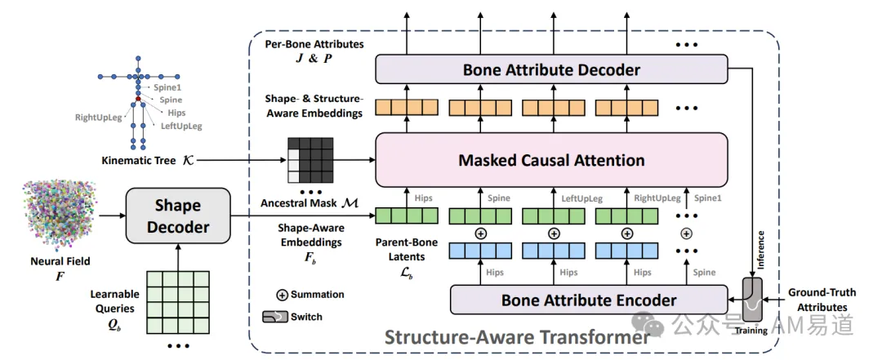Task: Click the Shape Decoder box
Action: [x=178, y=217]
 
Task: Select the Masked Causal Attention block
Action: [x=551, y=160]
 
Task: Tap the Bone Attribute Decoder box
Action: [x=551, y=69]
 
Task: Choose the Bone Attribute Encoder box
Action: [x=588, y=300]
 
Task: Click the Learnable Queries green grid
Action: [x=178, y=300]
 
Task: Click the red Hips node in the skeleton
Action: [x=138, y=99]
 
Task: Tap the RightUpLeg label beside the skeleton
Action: [x=96, y=118]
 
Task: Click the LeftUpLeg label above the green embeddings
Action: [x=581, y=198]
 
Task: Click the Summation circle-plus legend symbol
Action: [x=281, y=295]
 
